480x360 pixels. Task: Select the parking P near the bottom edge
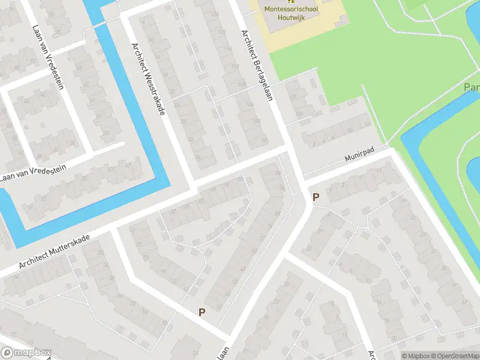tap(202, 311)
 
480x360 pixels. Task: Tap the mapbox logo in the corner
tap(25, 353)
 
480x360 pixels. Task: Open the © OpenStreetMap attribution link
tap(456, 356)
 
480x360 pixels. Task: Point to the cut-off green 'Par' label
tap(472, 88)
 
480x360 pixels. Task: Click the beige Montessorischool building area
tap(300, 33)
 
